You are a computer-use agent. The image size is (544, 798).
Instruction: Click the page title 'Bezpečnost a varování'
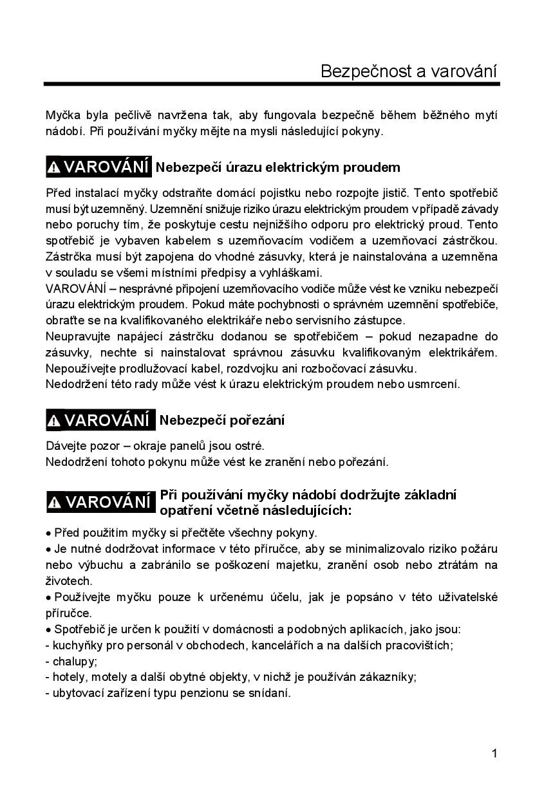click(x=409, y=71)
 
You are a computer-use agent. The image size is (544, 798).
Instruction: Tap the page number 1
click(x=494, y=754)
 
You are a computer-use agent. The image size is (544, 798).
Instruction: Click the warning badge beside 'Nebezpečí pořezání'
click(x=100, y=421)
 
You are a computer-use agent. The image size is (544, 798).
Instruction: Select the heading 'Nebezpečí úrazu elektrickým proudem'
click(x=278, y=167)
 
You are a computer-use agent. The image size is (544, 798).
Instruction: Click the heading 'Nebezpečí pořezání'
click(x=221, y=421)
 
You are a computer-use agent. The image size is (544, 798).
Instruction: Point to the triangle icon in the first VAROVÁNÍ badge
click(x=55, y=168)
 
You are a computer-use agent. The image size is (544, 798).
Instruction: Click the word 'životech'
click(x=69, y=581)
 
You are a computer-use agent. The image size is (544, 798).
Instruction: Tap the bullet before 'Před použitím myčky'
click(x=48, y=534)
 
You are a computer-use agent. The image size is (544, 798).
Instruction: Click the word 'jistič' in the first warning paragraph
click(x=393, y=193)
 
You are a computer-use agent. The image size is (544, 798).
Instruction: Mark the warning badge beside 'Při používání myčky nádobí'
click(x=100, y=502)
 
